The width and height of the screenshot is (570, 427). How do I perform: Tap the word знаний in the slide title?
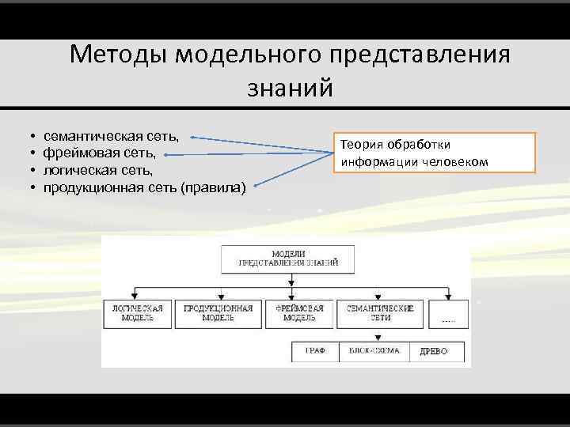coord(291,87)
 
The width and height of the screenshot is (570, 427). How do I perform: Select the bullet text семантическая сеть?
coord(111,137)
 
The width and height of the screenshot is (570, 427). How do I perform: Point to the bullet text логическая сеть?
coord(98,170)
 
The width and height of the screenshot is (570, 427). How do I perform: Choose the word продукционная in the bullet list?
coord(93,187)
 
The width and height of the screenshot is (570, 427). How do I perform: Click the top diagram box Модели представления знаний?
coord(289,259)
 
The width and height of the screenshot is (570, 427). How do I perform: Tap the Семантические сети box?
coord(380,313)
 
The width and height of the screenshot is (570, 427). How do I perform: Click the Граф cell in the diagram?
coord(315,351)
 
